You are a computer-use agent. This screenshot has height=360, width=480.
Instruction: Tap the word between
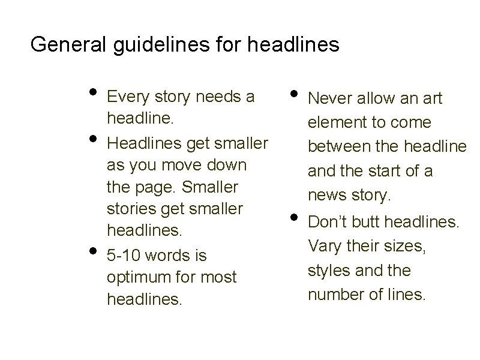pyautogui.click(x=336, y=147)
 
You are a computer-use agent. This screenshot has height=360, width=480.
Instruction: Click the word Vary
pyautogui.click(x=323, y=246)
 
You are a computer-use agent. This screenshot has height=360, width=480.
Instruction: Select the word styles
pyautogui.click(x=329, y=271)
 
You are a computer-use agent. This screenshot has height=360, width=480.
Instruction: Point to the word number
pyautogui.click(x=334, y=295)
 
